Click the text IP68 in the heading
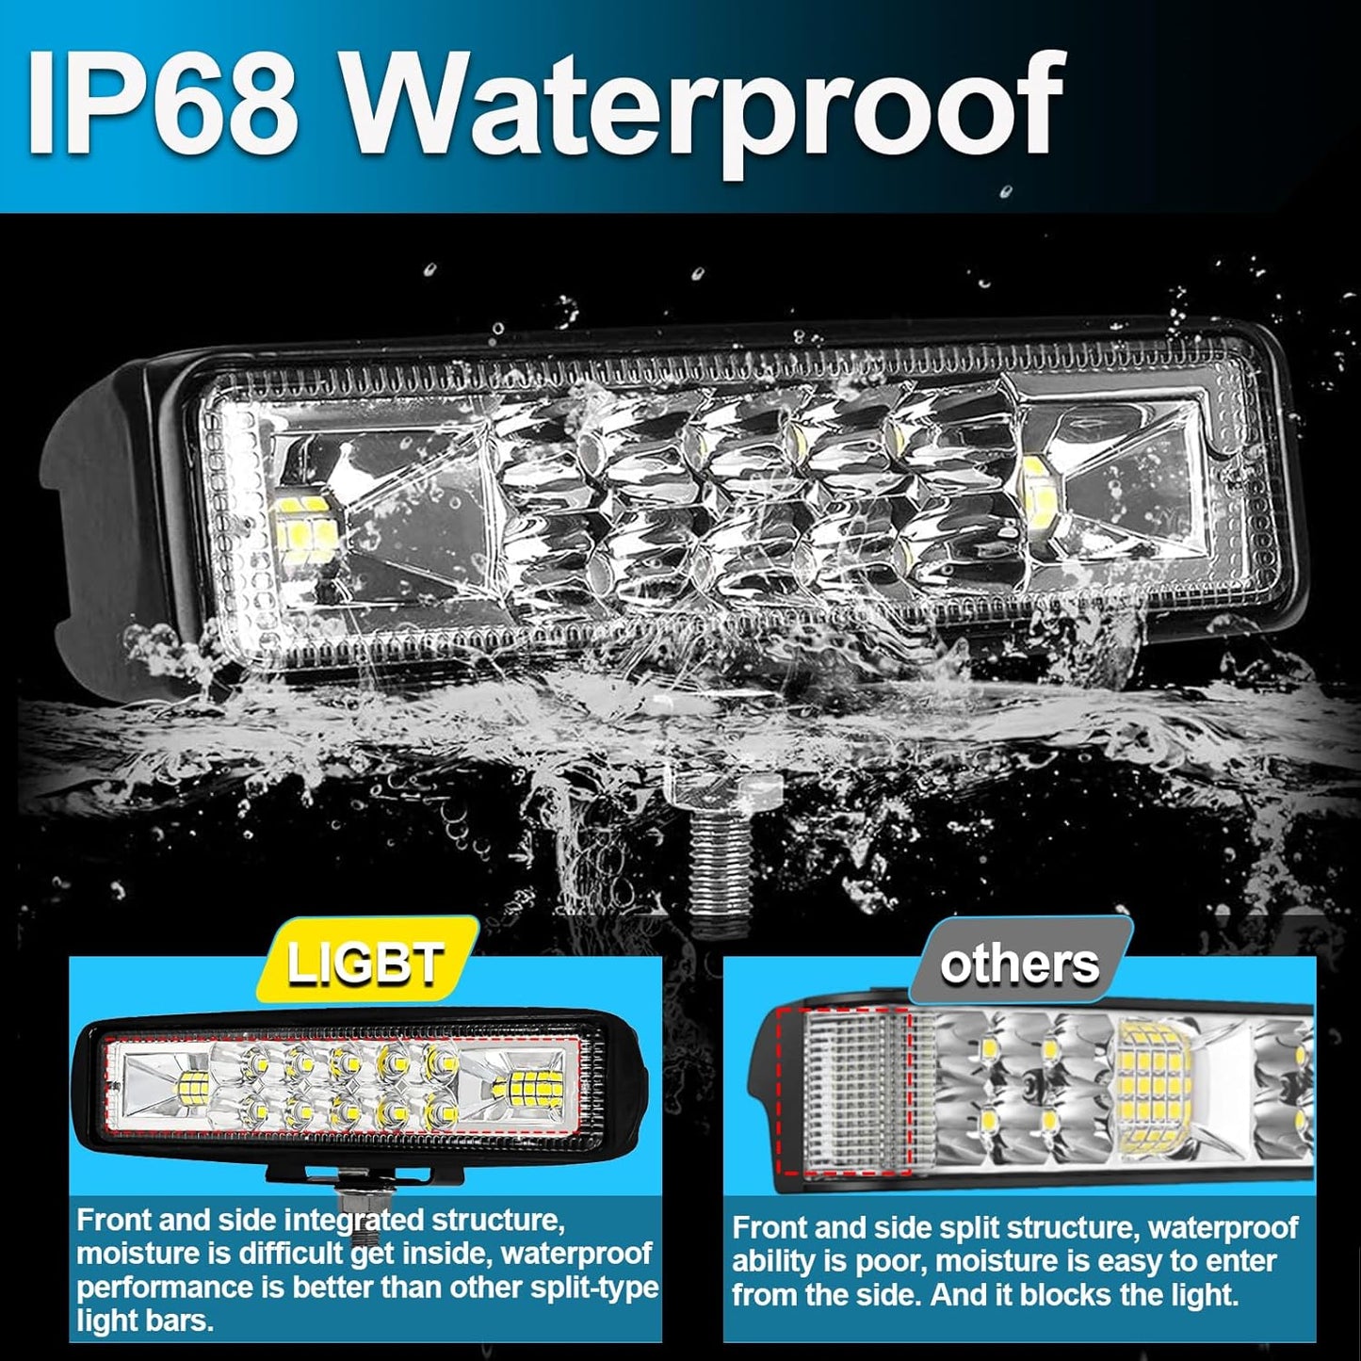pos(160,105)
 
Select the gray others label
pos(1019,964)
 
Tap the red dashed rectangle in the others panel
pos(844,1091)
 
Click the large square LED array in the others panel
pos(1155,1078)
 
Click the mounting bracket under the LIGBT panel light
pos(330,1174)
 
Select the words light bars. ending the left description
pos(145,1320)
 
